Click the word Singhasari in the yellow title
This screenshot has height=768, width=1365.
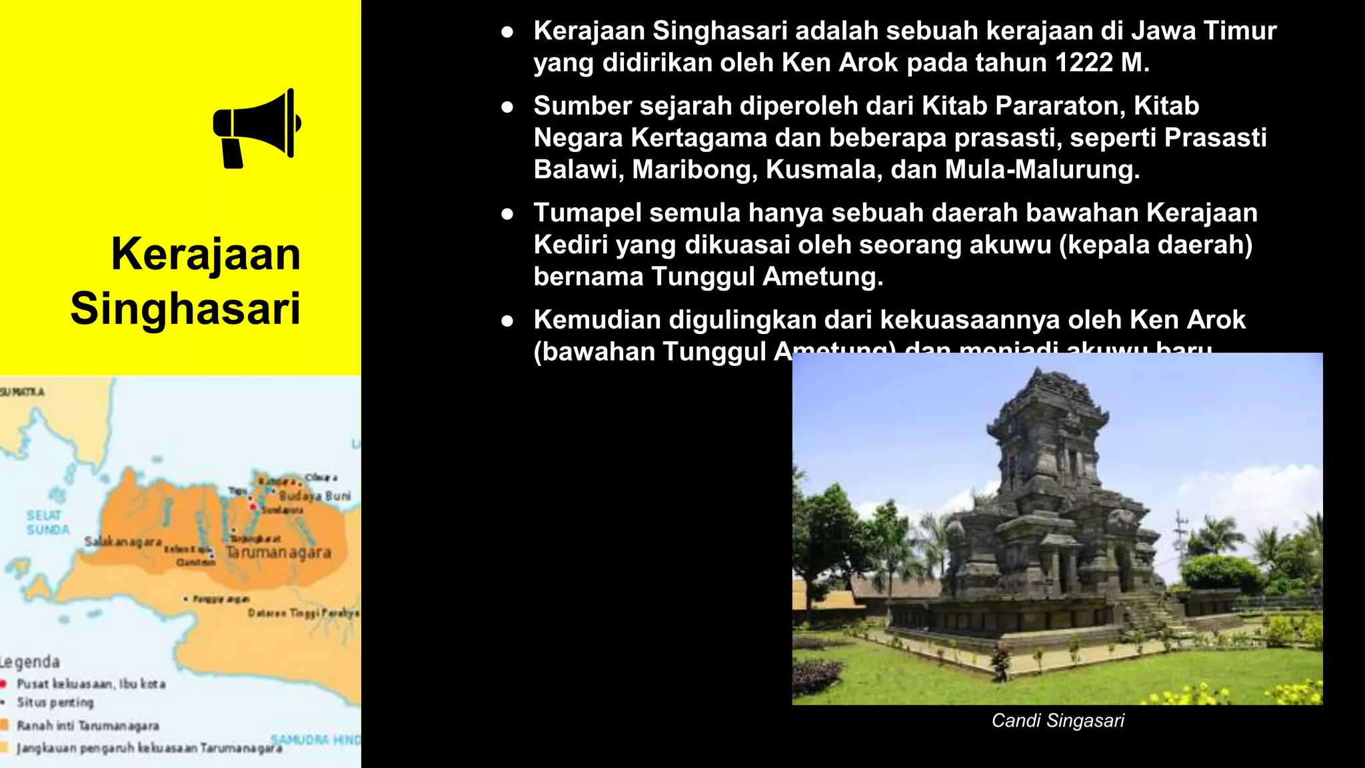tap(185, 309)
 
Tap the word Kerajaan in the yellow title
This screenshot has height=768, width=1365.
tap(206, 254)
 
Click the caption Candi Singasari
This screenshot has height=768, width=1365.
tap(1058, 721)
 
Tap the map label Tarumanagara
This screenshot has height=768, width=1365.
tap(278, 553)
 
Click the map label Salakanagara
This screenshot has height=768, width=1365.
tap(123, 542)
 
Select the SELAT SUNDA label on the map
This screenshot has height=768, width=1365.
tap(47, 523)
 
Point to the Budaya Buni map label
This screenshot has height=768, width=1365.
tap(315, 496)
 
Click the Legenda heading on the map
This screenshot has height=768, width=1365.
tap(30, 662)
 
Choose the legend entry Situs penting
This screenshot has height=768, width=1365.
tap(55, 703)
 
